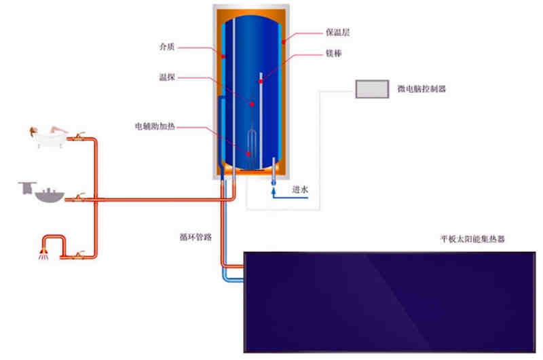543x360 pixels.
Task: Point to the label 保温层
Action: click(337, 32)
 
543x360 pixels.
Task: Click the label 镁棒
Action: click(333, 52)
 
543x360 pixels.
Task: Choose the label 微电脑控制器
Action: click(422, 89)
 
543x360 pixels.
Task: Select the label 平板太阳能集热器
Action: click(472, 239)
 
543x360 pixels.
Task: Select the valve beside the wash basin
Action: click(79, 198)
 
